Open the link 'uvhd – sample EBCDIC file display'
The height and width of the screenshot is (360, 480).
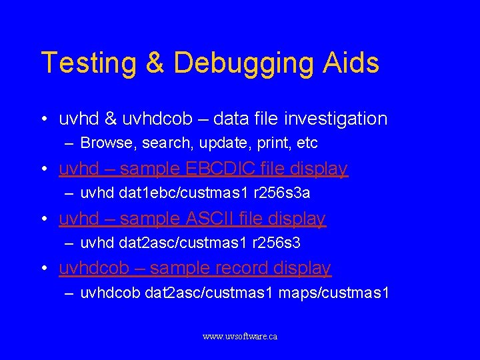[203, 169]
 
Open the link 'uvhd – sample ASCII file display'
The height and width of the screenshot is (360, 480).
[192, 219]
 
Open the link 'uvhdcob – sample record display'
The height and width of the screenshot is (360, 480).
[195, 268]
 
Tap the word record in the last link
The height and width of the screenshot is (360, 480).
[240, 268]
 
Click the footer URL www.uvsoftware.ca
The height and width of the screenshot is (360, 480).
[240, 337]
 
